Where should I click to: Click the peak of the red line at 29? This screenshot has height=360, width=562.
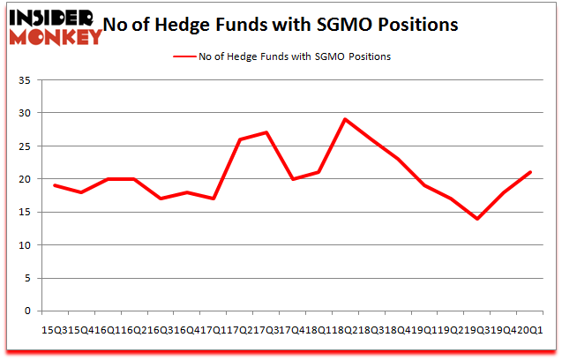345,119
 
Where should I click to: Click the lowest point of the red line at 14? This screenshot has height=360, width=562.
477,218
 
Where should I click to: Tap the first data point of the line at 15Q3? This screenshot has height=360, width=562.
54,185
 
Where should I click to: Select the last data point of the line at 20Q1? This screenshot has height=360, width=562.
529,172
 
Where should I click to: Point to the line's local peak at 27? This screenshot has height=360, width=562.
266,132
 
